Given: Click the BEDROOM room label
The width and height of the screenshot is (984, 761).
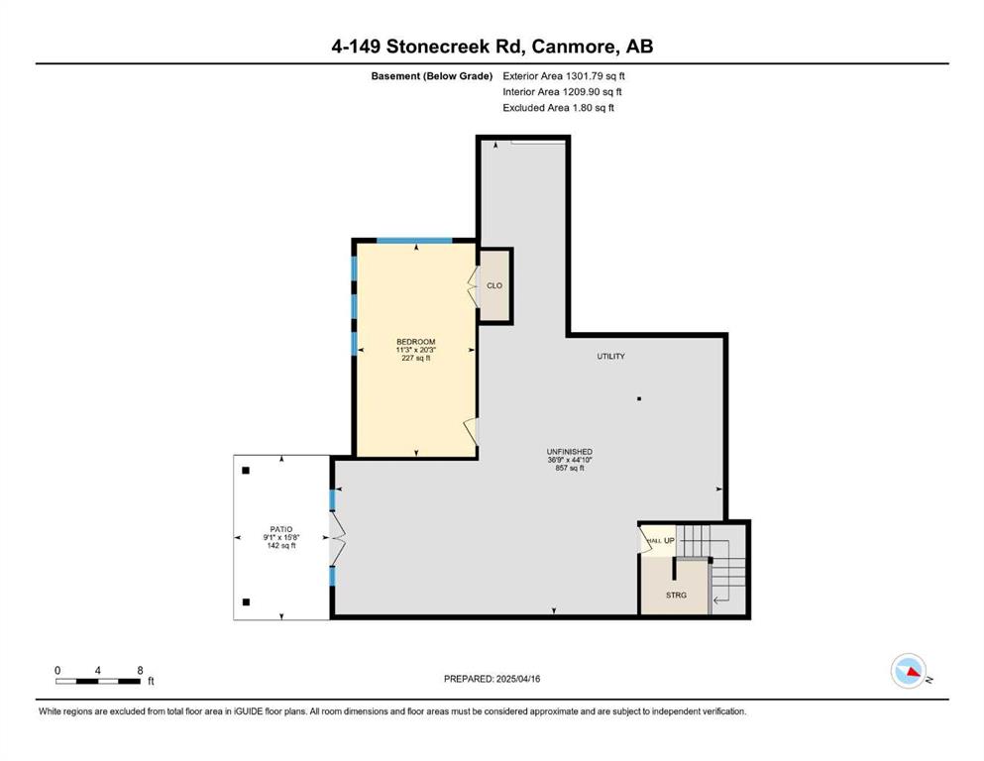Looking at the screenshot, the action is pos(415,342).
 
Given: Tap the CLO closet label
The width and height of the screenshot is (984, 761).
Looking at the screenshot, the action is pos(494,285).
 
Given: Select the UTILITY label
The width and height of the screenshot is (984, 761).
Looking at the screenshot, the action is pos(610,357).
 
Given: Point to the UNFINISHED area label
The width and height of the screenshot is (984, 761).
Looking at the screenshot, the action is pos(569,452).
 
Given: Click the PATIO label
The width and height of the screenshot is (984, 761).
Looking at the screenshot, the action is pos(281,529).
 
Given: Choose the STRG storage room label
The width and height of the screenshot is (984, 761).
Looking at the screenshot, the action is pos(676,595).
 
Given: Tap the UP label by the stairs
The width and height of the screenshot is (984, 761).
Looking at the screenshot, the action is pos(669,540).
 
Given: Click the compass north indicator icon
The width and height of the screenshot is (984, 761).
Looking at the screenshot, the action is pos(909,671).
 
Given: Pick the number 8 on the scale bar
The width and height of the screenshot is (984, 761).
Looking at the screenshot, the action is pos(140,670).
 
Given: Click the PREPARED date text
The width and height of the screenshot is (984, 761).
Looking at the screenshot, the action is pos(492,679).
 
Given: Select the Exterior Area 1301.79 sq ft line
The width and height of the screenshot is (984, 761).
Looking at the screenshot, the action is pos(564,76).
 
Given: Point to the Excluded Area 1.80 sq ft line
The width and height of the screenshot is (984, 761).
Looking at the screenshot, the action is pos(559,107).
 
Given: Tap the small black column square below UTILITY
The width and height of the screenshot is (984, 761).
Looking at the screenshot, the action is pos(639,398).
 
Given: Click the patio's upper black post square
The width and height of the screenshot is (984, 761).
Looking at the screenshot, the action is pos(246,471).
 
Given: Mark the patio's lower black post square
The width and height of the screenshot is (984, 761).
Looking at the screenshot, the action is pos(246,602).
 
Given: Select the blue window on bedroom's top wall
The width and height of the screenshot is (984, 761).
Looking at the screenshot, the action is pos(414,240).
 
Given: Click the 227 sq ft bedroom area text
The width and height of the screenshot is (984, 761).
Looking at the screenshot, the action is pos(415,359).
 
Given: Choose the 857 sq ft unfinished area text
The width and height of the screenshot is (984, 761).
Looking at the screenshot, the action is pos(569,468).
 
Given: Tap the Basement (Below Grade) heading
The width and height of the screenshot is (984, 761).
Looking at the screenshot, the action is pos(432,76).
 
